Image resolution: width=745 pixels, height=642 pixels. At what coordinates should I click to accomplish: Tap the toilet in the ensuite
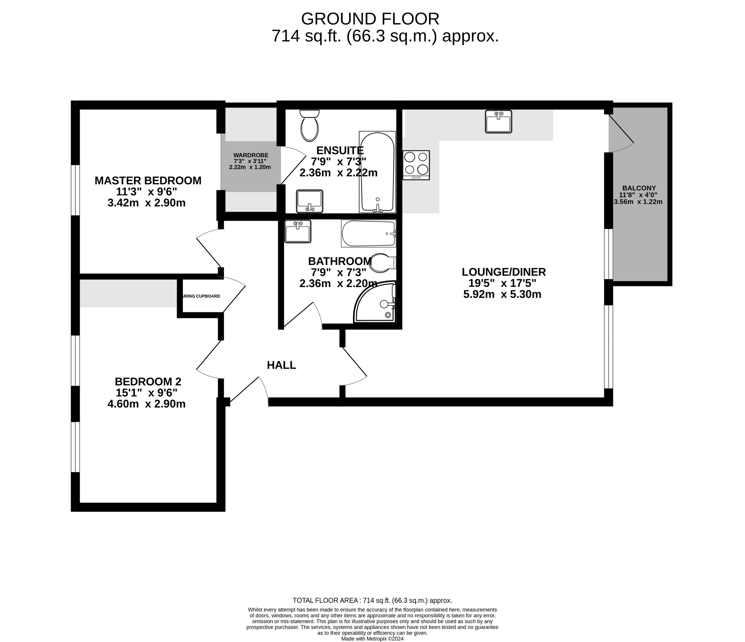pyautogui.click(x=309, y=126)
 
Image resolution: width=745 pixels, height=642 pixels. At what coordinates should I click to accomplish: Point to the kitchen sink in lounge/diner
pyautogui.click(x=498, y=122)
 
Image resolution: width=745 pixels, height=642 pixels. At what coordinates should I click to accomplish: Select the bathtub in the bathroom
pyautogui.click(x=368, y=233)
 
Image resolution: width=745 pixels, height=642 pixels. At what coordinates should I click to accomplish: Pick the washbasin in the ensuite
pyautogui.click(x=310, y=201)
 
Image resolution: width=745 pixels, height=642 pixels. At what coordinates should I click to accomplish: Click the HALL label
pyautogui.click(x=281, y=365)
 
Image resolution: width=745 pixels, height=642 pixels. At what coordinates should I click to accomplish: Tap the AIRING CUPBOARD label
pyautogui.click(x=201, y=296)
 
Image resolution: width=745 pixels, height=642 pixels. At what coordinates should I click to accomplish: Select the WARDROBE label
pyautogui.click(x=251, y=155)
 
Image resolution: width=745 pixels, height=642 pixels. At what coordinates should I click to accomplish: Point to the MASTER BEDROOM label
pyautogui.click(x=148, y=180)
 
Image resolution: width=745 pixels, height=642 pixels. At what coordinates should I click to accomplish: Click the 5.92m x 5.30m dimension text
pyautogui.click(x=502, y=295)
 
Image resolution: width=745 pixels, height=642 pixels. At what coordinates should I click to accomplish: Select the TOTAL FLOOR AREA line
pyautogui.click(x=372, y=600)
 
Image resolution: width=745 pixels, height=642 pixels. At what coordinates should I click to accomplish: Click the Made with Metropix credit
pyautogui.click(x=372, y=639)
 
